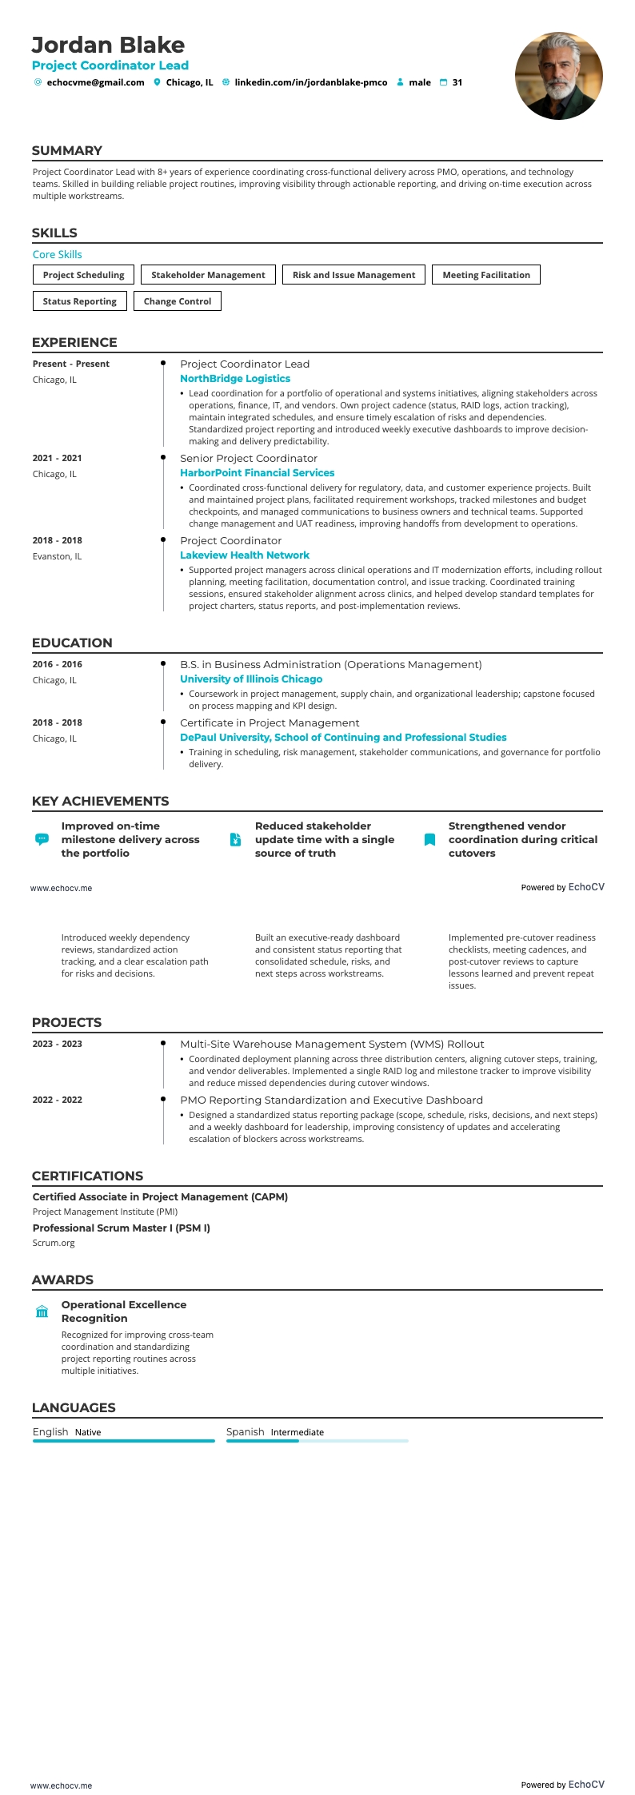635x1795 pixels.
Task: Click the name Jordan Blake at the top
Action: (x=108, y=45)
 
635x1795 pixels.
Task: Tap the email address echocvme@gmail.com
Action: (x=95, y=82)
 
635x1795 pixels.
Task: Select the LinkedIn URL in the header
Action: (x=310, y=82)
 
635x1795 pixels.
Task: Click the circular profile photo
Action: (x=558, y=76)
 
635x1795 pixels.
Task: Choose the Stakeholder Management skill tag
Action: (x=208, y=275)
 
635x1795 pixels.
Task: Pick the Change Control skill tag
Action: (x=177, y=301)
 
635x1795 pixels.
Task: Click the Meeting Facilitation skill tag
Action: (x=485, y=275)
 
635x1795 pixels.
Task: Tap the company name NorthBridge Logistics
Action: (x=234, y=379)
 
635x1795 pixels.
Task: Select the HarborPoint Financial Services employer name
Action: (x=257, y=473)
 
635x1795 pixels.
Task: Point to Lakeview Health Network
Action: (x=244, y=555)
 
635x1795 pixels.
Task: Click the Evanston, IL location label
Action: (x=57, y=556)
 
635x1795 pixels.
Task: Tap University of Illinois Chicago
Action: (x=251, y=679)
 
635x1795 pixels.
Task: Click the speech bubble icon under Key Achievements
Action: (x=42, y=839)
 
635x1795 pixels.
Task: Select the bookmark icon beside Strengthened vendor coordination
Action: (x=429, y=839)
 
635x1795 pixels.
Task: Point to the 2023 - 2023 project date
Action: (x=57, y=1044)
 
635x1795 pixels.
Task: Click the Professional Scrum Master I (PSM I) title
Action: (x=121, y=1228)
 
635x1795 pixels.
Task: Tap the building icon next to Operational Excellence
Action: (x=42, y=1311)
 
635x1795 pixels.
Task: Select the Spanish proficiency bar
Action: (x=317, y=1441)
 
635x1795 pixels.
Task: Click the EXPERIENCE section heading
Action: (x=74, y=342)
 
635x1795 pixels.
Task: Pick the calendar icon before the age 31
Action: (x=443, y=82)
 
